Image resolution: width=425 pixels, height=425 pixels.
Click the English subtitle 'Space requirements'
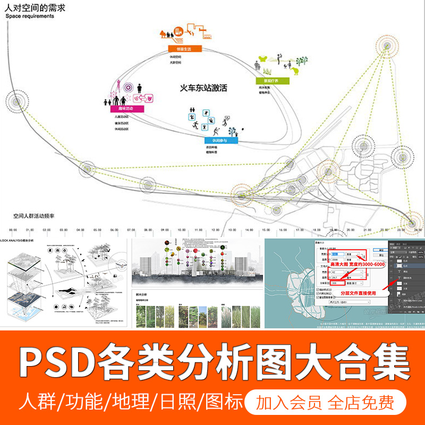coord(30,16)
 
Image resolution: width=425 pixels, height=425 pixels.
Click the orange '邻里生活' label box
coord(181,48)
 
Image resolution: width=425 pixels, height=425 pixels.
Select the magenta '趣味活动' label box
coord(122,109)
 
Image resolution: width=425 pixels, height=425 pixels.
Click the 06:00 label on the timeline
coord(114,231)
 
